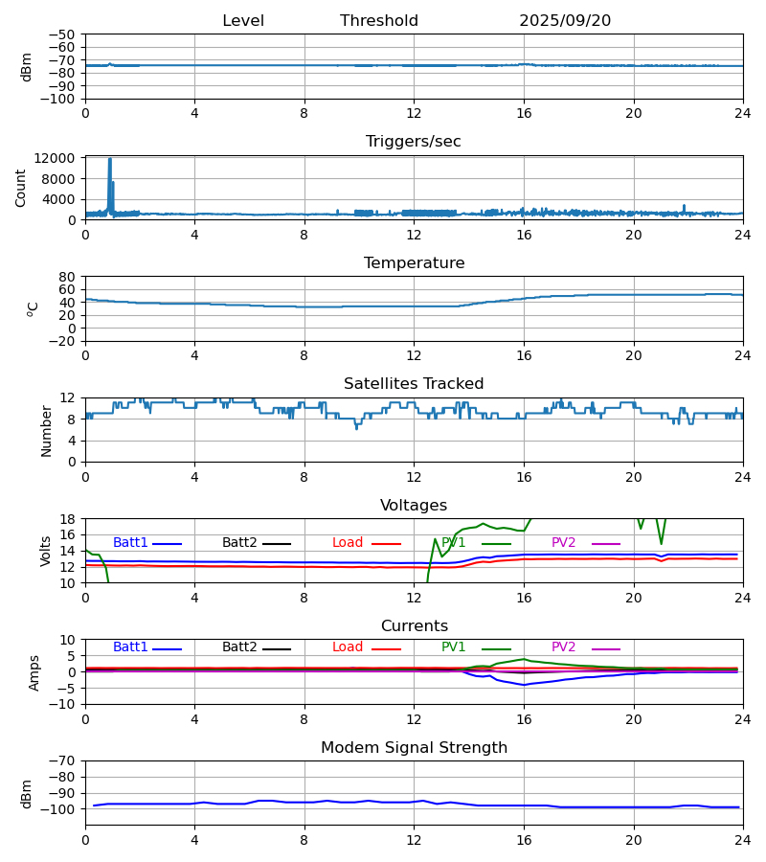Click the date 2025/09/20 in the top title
click(565, 21)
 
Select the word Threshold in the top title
click(379, 21)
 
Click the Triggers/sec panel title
click(414, 142)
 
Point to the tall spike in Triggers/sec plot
click(110, 161)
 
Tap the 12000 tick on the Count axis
click(60, 158)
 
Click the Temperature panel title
click(414, 263)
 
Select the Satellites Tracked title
click(414, 384)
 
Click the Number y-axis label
click(47, 430)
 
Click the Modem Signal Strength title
click(414, 748)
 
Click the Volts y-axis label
click(47, 551)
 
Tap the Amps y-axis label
click(35, 672)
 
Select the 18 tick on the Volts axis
click(68, 519)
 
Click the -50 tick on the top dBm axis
click(64, 34)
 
